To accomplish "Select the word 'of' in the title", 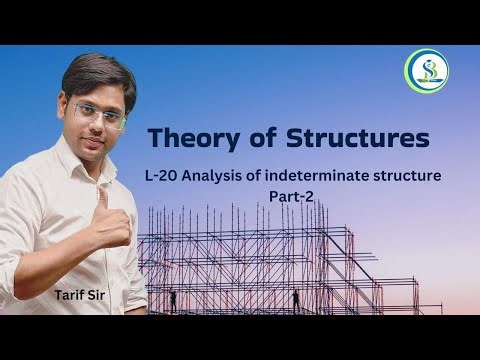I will tap(254, 136).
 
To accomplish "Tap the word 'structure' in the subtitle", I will tap(427, 177).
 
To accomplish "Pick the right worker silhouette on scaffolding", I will tap(296, 297).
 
